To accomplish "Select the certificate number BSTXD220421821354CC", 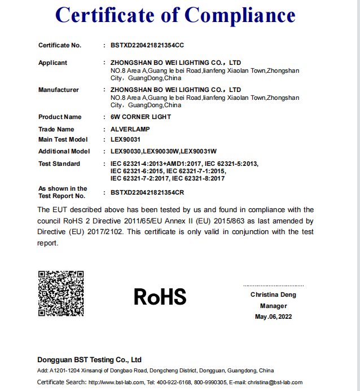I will [x=147, y=45].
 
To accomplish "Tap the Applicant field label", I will [x=52, y=63].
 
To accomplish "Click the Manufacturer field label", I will [x=58, y=90].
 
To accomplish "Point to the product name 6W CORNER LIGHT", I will [x=141, y=117].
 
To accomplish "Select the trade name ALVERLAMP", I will [x=130, y=129].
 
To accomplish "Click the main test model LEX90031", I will [x=125, y=139].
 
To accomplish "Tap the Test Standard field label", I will [x=59, y=164].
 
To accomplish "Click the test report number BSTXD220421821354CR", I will [x=147, y=192].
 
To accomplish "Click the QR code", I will [x=61, y=293].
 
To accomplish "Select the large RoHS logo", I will [x=160, y=296].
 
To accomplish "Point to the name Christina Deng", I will [x=273, y=295].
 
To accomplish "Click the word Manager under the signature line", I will [x=273, y=306].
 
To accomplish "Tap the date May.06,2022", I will [x=273, y=317].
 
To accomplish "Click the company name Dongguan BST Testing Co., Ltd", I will [x=89, y=359].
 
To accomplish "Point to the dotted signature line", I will [x=273, y=286].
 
